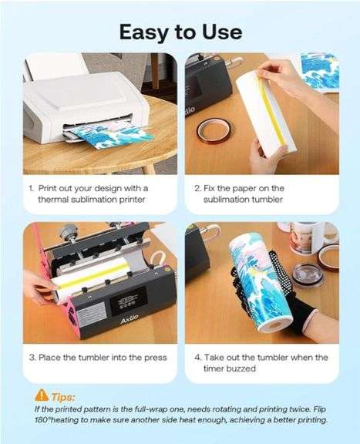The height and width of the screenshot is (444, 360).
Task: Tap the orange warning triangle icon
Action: click(42, 395)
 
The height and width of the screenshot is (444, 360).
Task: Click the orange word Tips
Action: click(63, 397)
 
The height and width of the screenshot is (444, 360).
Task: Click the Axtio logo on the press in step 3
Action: click(130, 320)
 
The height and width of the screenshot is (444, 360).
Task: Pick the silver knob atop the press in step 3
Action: click(68, 231)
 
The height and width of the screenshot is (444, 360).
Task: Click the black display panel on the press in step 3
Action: click(128, 301)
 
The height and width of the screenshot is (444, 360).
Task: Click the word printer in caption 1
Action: click(132, 200)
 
